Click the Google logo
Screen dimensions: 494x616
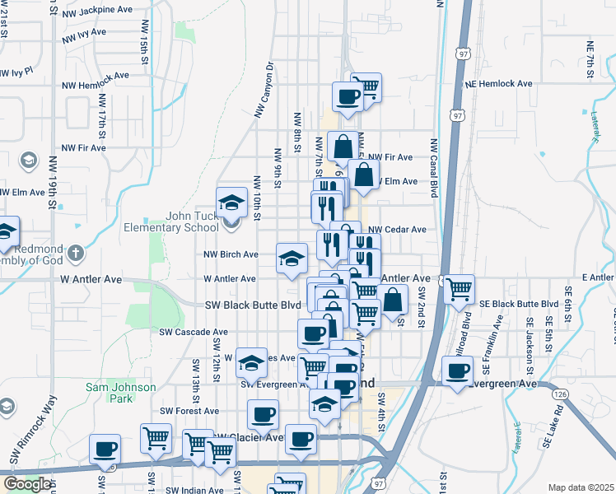tap(27, 484)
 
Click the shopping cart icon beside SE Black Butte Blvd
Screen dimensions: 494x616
tap(459, 289)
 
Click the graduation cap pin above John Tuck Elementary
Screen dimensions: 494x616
tap(232, 202)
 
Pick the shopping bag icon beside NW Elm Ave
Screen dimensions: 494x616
tap(363, 175)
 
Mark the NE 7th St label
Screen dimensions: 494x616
tap(590, 63)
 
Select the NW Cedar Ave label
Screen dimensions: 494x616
tap(397, 230)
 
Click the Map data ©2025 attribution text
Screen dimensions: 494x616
tap(581, 487)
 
